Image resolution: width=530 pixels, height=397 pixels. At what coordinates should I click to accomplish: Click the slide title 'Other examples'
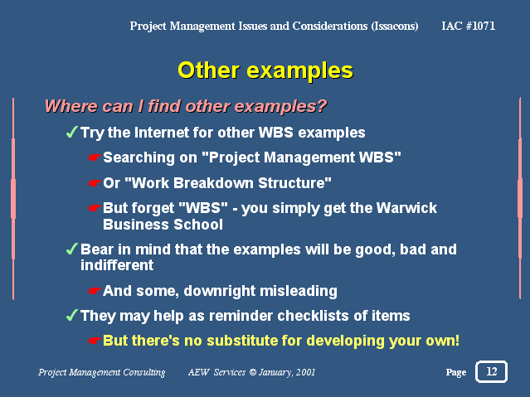click(x=265, y=70)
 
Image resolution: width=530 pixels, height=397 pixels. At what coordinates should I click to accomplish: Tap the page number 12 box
click(x=491, y=371)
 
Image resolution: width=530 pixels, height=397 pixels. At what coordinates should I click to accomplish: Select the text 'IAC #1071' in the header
click(x=468, y=26)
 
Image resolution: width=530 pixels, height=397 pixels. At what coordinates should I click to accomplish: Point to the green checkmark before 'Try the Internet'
click(x=72, y=132)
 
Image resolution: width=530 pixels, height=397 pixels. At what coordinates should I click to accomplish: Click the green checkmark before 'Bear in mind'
click(x=72, y=249)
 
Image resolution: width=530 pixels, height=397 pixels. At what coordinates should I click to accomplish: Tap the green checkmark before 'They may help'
click(x=72, y=315)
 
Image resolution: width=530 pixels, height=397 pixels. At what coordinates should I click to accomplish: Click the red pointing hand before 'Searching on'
click(x=95, y=157)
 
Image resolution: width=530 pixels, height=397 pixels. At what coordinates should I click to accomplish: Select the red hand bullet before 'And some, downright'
click(x=95, y=291)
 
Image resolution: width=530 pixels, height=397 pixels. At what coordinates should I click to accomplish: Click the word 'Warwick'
click(x=406, y=208)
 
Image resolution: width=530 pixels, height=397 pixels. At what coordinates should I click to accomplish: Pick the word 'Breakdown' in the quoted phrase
click(x=214, y=183)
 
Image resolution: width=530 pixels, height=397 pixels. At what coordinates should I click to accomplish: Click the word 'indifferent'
click(x=117, y=265)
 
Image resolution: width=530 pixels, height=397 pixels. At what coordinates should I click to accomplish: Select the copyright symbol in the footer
click(x=253, y=372)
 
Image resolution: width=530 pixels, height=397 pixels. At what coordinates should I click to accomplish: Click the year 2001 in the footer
click(x=305, y=372)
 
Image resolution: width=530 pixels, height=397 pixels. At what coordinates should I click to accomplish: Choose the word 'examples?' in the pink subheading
click(x=281, y=106)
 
